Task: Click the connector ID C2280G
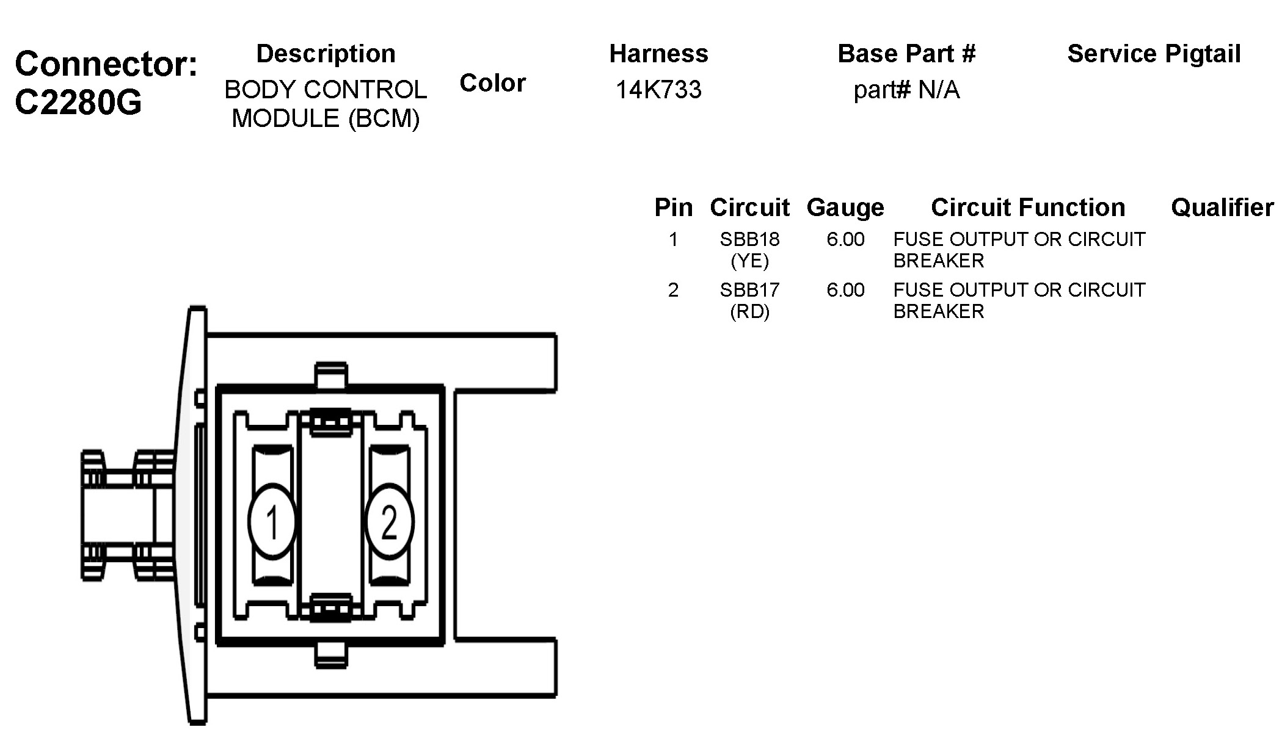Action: tap(78, 102)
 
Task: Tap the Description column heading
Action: tap(326, 54)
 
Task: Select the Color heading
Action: tap(493, 83)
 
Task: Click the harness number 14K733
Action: tap(658, 90)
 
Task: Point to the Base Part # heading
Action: tap(906, 54)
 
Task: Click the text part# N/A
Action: tap(906, 90)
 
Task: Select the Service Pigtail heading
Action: tap(1154, 54)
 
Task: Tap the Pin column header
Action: tap(674, 208)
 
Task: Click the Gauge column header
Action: tap(845, 208)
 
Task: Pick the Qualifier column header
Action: tap(1222, 208)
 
